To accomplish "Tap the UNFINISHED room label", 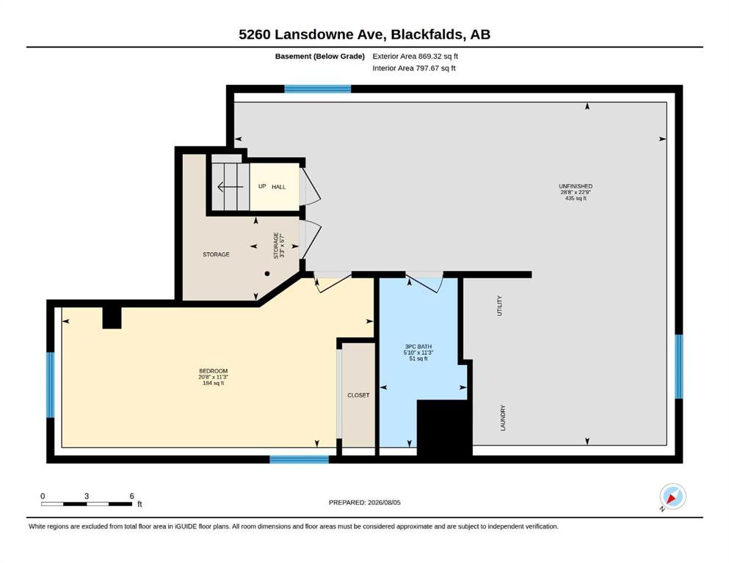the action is [x=576, y=186].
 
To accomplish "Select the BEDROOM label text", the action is [x=214, y=371].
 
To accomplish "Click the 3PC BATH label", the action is [x=418, y=346].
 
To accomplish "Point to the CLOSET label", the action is [x=358, y=395].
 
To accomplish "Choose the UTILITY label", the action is [x=500, y=306].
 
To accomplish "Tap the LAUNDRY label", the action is [x=503, y=418].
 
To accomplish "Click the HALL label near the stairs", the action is [x=278, y=187].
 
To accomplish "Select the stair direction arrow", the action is [x=230, y=187].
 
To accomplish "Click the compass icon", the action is [x=672, y=496].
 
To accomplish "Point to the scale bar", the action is [x=87, y=504].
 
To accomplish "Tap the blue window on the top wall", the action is [x=318, y=89].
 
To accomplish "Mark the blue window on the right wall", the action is [x=679, y=367].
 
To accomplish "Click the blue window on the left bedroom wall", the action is [x=50, y=385].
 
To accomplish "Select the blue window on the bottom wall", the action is [x=300, y=460].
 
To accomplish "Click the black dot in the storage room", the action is [x=267, y=274].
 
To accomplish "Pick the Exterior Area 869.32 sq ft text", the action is [x=416, y=56].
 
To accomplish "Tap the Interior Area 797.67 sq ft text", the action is [x=414, y=68].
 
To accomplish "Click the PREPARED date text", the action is [x=364, y=502].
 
